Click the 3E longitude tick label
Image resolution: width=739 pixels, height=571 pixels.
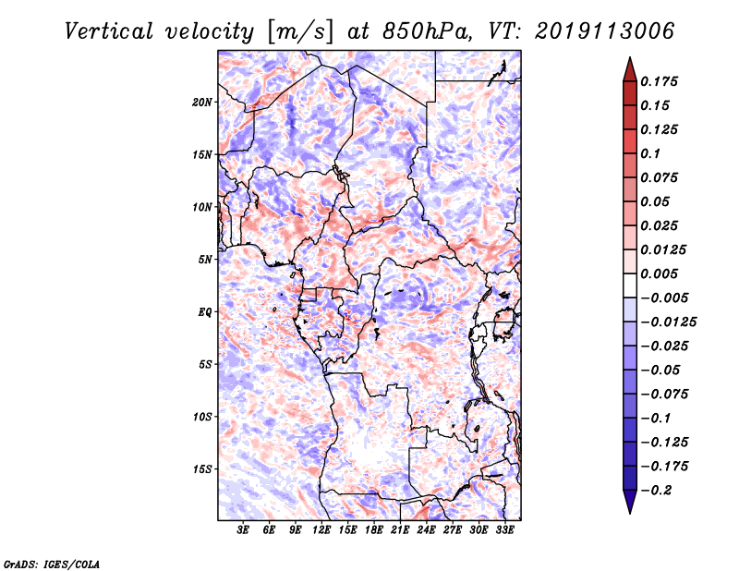pos(244,531)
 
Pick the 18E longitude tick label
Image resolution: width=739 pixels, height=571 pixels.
pos(375,531)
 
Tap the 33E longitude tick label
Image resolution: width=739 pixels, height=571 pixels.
pos(505,531)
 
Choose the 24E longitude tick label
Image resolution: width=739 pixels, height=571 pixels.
pos(427,531)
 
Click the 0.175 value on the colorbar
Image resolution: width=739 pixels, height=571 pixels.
pos(661,81)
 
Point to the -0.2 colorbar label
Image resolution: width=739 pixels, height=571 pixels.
pos(657,490)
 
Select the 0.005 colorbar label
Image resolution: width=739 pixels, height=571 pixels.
pos(661,273)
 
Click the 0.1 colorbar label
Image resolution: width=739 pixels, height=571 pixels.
pos(654,153)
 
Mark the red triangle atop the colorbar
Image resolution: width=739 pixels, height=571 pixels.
pos(628,69)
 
